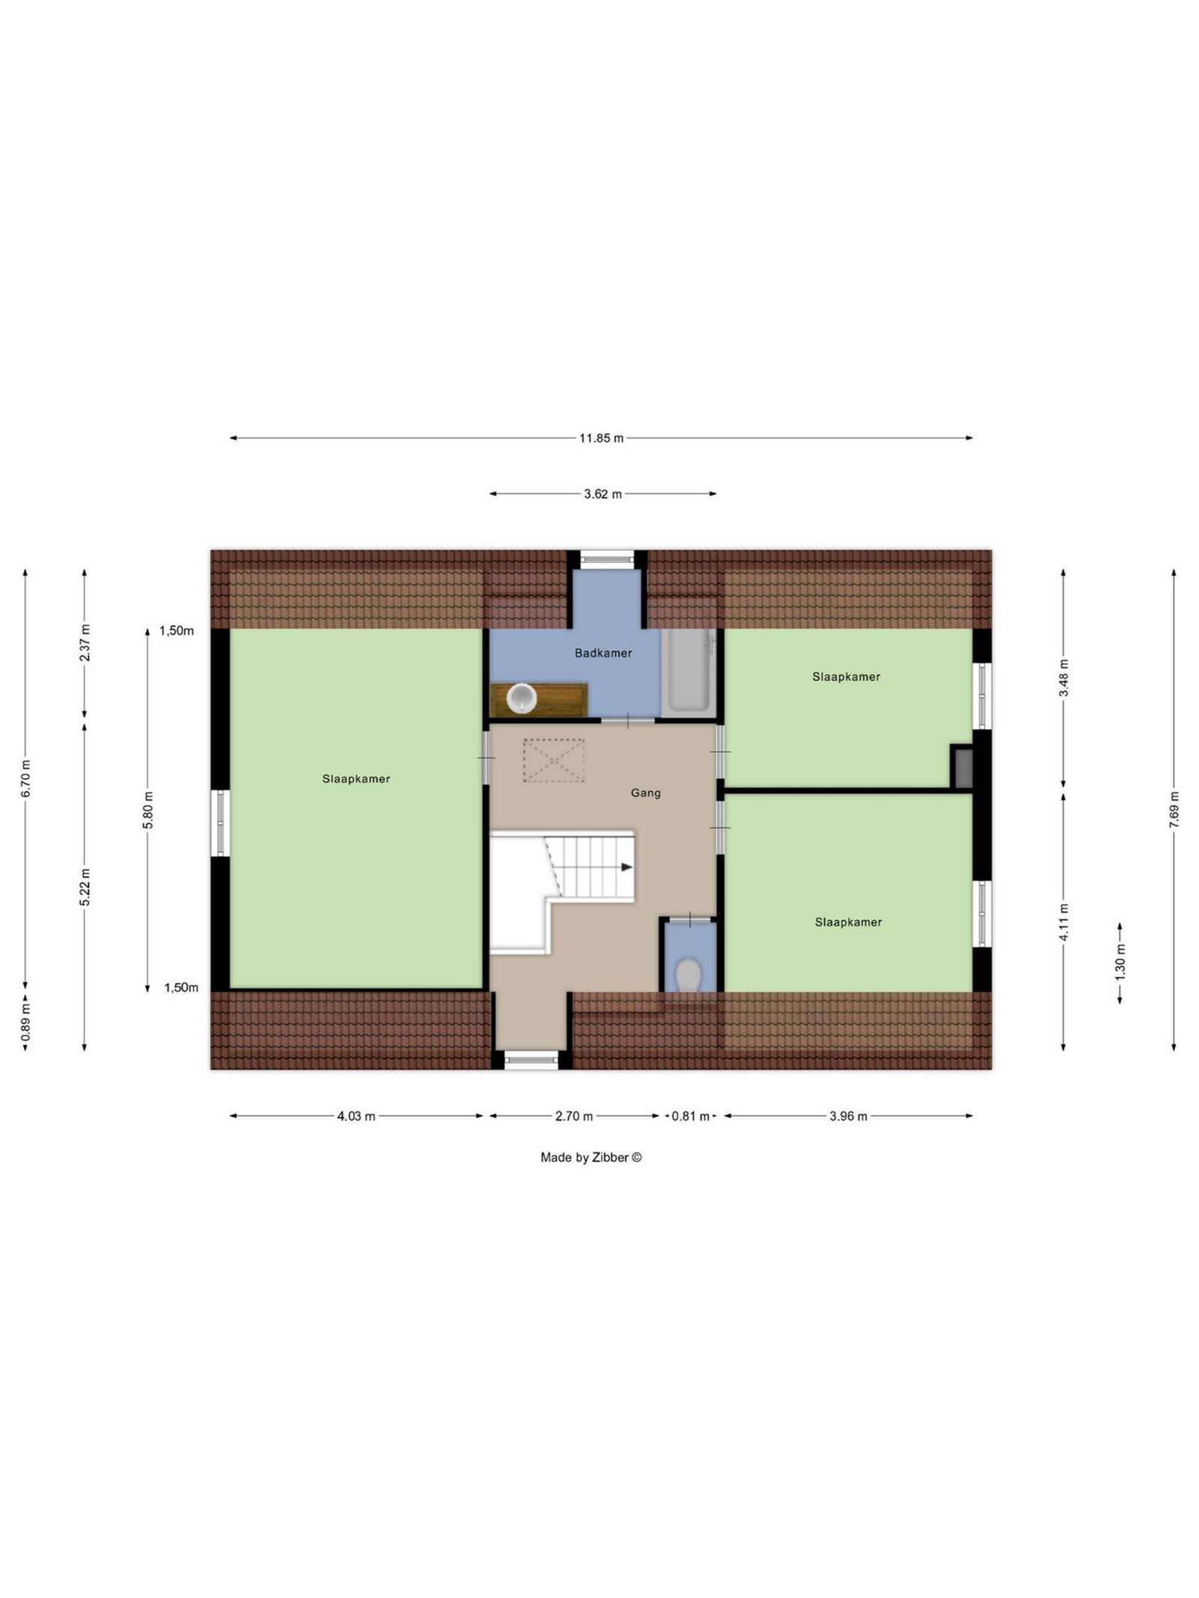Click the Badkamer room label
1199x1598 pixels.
point(602,653)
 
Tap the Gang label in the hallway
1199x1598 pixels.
point(645,793)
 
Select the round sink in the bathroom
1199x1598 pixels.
point(522,698)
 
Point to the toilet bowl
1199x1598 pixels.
point(687,975)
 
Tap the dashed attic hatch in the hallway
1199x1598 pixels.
point(554,760)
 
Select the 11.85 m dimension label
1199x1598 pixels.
point(601,438)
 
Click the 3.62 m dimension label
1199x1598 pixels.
point(602,494)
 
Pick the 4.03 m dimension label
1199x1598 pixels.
point(356,1116)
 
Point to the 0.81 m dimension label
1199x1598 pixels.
point(690,1116)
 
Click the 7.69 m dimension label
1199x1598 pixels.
point(1174,809)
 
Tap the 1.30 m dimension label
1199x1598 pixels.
point(1120,963)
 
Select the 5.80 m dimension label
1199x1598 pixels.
point(148,809)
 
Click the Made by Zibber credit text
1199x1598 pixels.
point(591,1157)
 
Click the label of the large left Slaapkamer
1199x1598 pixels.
point(356,779)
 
